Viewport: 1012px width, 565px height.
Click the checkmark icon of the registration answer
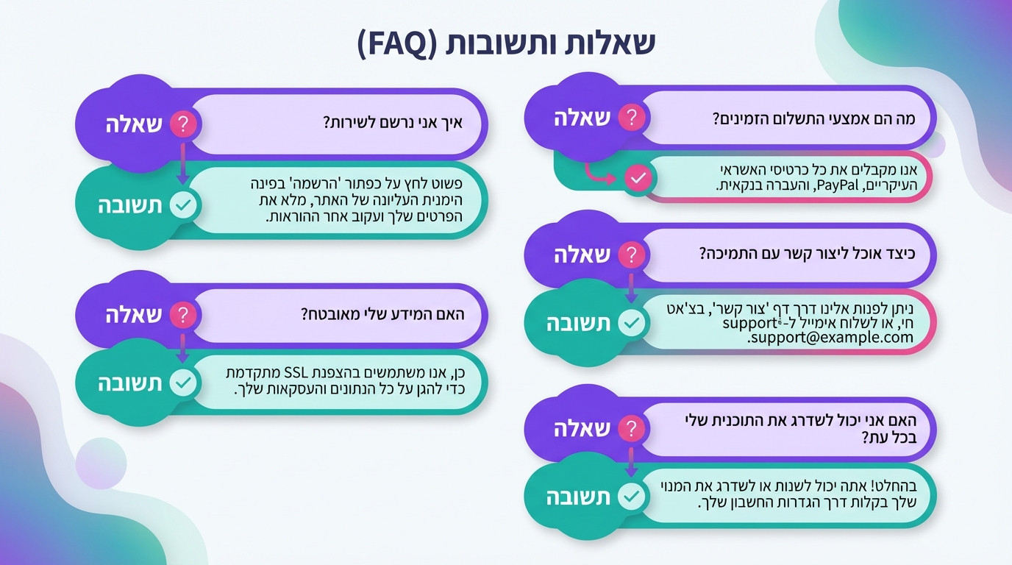point(184,206)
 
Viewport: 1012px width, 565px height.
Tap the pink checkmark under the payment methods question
point(638,178)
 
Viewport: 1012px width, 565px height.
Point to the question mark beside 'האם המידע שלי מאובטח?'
point(184,316)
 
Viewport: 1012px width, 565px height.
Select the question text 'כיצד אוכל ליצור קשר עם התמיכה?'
point(806,254)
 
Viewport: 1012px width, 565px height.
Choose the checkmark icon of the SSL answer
point(184,383)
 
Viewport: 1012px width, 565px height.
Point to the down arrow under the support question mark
point(631,288)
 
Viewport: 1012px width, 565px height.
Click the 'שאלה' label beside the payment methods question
point(582,118)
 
